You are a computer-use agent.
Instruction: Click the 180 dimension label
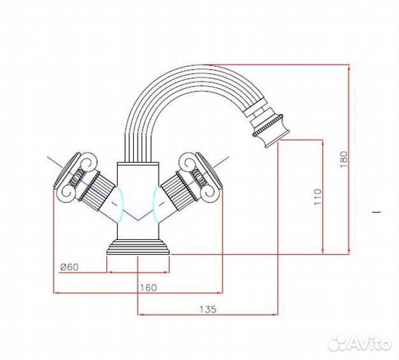[x=344, y=159]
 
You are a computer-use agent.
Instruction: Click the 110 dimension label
[x=318, y=197]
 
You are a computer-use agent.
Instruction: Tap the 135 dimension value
[x=208, y=309]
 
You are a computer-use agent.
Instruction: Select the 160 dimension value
[x=149, y=288]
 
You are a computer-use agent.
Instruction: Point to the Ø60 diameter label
[x=69, y=267]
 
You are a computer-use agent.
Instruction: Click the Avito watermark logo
[x=359, y=343]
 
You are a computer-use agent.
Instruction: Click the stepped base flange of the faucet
[x=138, y=247]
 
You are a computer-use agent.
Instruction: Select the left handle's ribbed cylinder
[x=97, y=189]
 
